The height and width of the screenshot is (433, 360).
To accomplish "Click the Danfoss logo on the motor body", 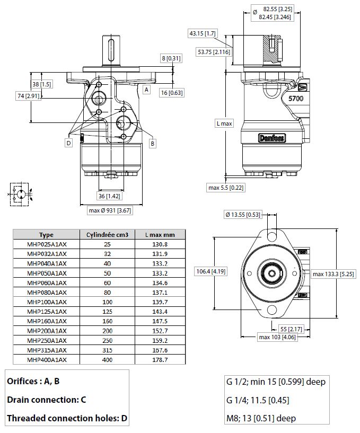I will click(271, 138).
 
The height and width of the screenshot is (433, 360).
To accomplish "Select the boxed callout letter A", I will click(146, 90).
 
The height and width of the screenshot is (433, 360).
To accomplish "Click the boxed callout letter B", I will click(152, 143).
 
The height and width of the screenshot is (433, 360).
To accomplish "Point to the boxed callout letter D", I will click(68, 143).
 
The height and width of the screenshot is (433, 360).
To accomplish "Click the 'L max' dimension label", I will click(224, 123).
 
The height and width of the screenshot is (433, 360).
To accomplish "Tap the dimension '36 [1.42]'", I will click(110, 196).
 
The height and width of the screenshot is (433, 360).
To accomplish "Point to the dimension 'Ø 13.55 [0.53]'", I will click(243, 215).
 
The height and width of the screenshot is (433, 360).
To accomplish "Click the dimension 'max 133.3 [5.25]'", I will click(333, 274).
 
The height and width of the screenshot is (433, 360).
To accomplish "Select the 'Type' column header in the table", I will click(47, 235).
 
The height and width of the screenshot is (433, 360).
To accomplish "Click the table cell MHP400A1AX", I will click(47, 359).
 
